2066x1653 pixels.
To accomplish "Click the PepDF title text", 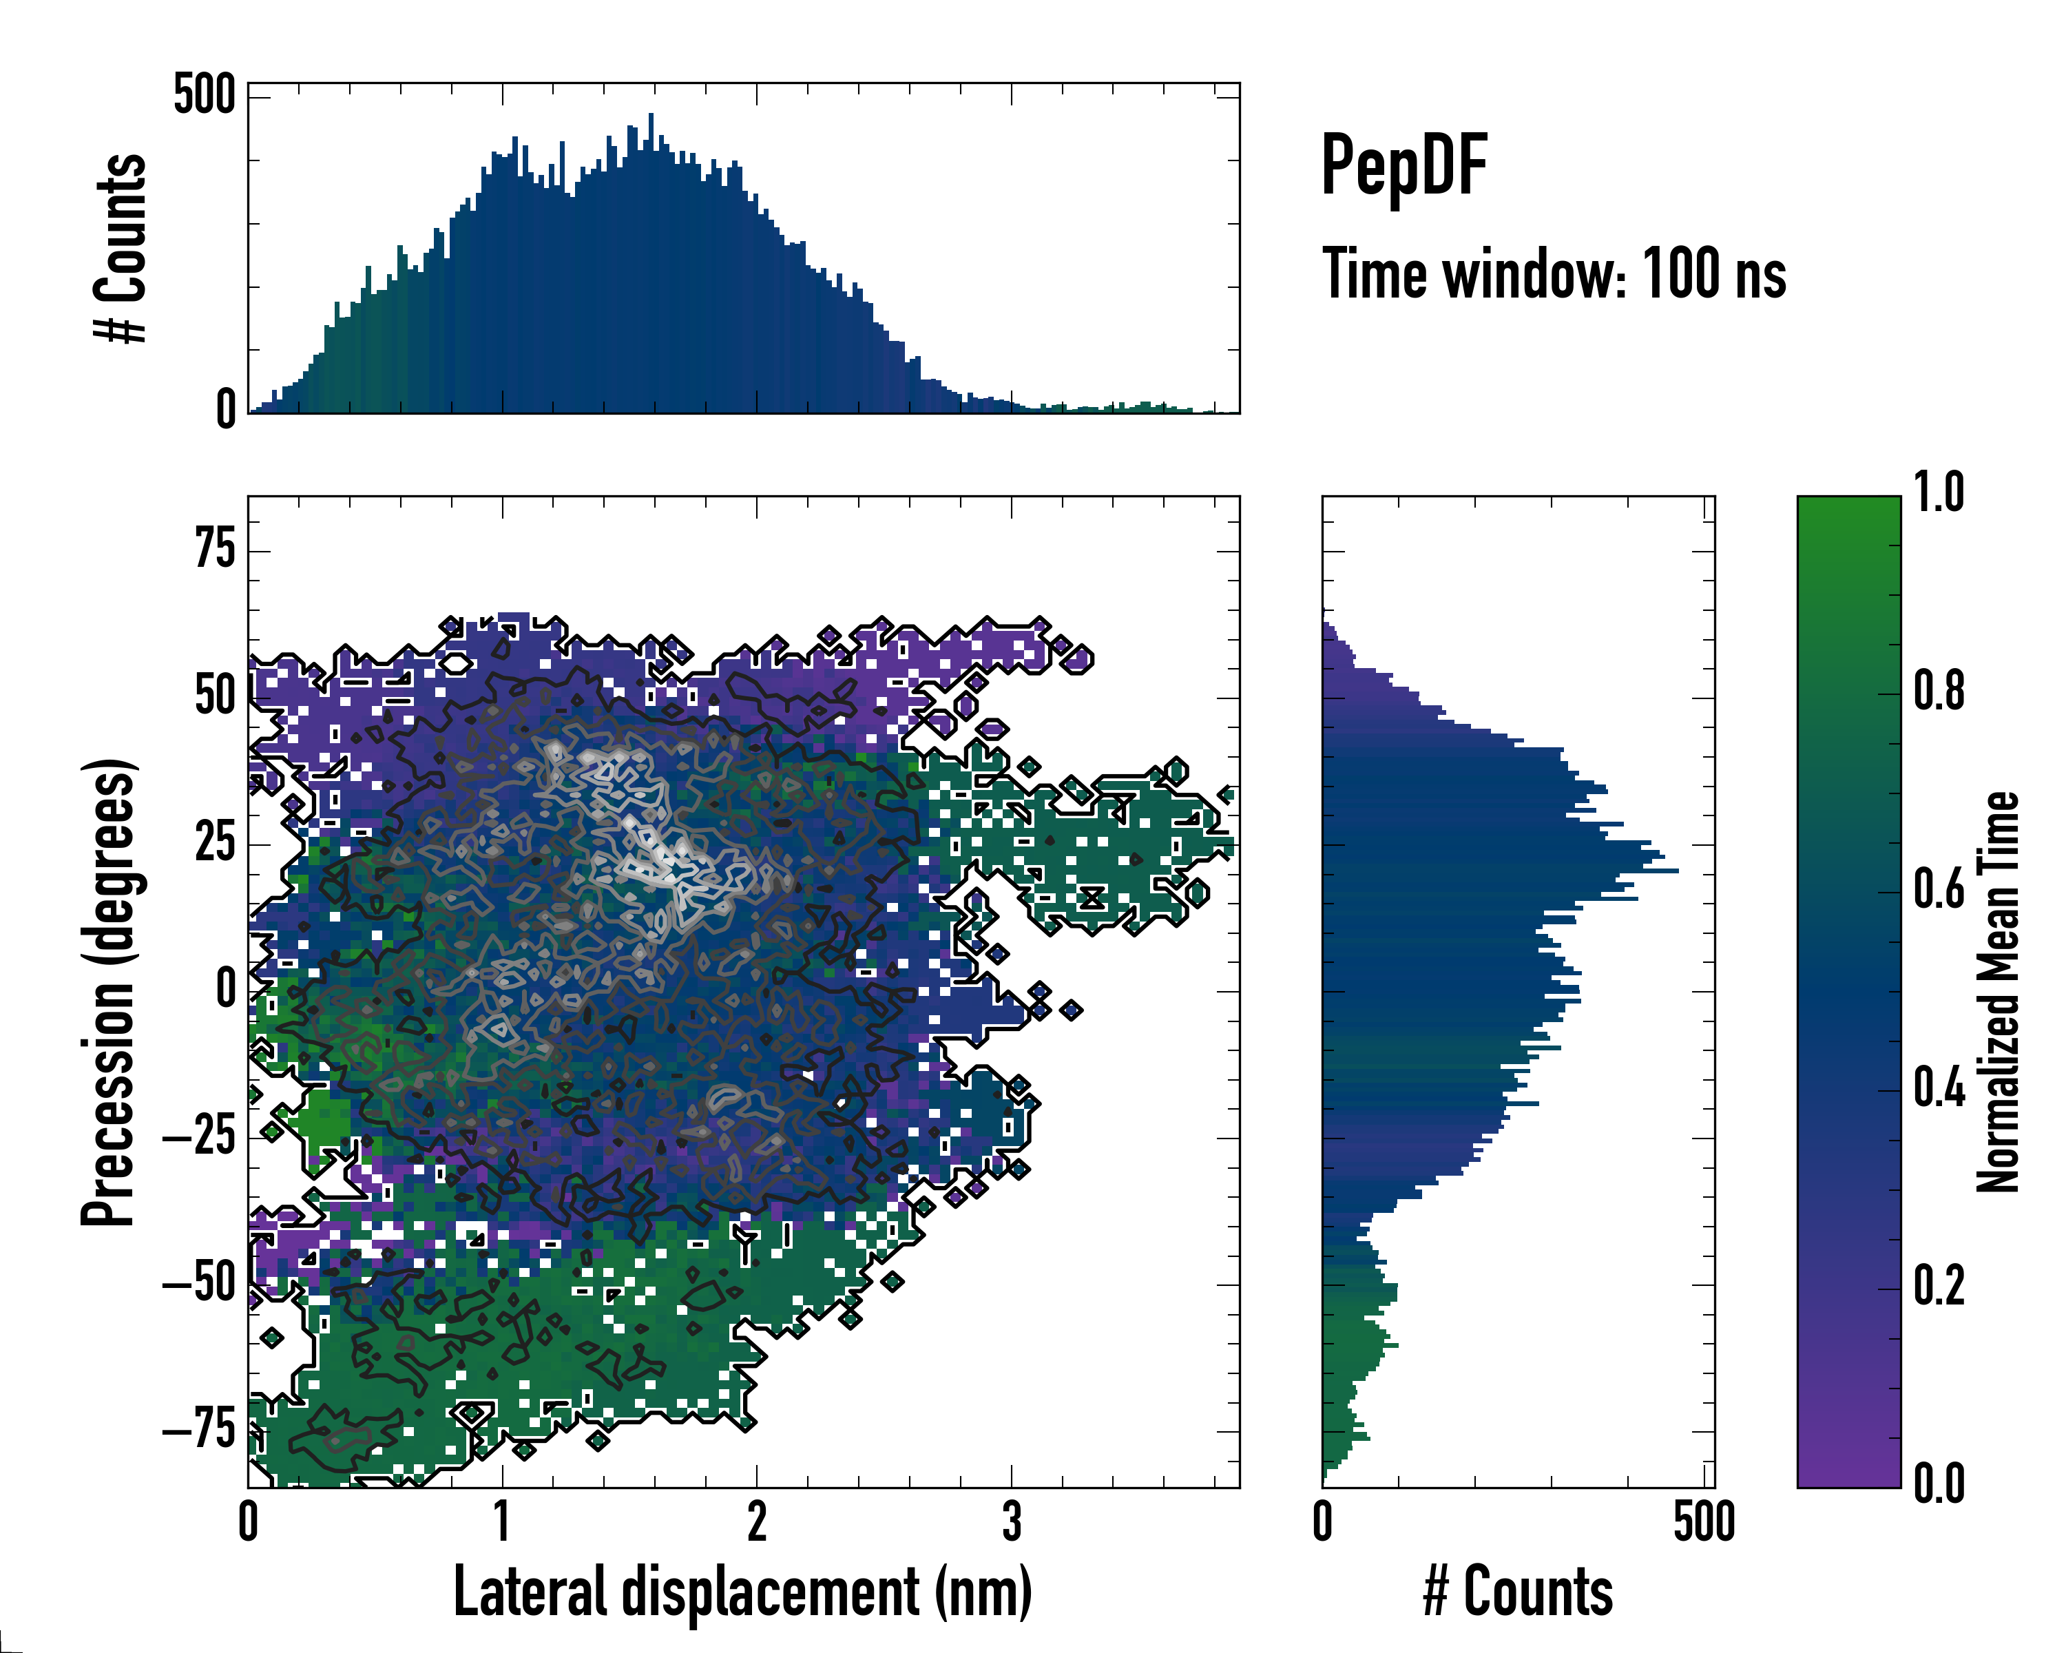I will (x=1404, y=166).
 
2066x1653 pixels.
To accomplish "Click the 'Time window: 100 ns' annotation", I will (x=1554, y=274).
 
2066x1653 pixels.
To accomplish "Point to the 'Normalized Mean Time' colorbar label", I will (x=1997, y=992).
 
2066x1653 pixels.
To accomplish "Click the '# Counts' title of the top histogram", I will (x=121, y=248).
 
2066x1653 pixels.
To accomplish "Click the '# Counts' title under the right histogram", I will (x=1518, y=1592).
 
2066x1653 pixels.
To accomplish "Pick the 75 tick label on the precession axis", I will (x=215, y=550).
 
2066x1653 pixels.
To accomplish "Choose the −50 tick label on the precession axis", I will (x=199, y=1283).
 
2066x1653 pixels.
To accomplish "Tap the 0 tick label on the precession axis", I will (x=226, y=990).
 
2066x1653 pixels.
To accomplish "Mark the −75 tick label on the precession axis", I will (x=199, y=1430).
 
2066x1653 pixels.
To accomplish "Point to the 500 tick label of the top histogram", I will (x=204, y=96).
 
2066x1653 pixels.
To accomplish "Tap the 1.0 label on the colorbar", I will (x=1939, y=494).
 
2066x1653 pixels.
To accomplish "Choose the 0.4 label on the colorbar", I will (x=1939, y=1090).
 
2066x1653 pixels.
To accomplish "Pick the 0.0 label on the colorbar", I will (x=1939, y=1484).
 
